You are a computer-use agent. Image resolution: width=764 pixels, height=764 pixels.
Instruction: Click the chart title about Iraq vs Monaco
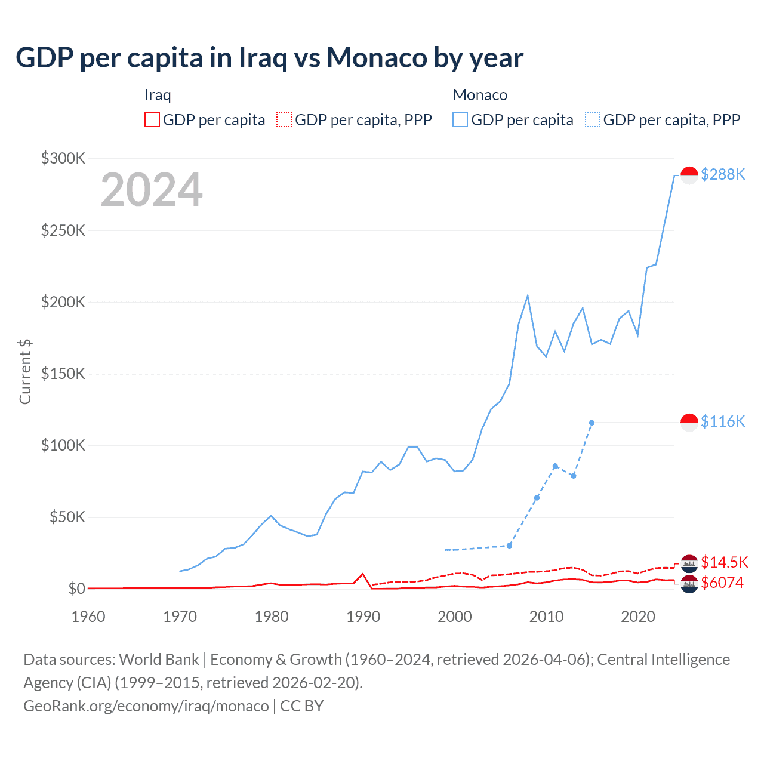click(270, 58)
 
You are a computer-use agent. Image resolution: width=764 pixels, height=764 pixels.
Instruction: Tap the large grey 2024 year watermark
click(152, 190)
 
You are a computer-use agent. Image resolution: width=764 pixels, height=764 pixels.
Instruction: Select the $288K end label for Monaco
click(723, 174)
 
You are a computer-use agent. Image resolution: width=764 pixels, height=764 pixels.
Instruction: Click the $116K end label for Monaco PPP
click(723, 421)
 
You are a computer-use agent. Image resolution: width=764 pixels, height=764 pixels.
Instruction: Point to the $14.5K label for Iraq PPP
click(724, 562)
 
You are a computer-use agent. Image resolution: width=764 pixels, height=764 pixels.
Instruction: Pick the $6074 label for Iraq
click(722, 583)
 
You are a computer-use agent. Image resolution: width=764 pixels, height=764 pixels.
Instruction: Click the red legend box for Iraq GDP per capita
click(152, 120)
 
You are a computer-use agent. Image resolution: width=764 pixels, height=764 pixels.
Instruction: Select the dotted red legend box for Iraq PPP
click(284, 120)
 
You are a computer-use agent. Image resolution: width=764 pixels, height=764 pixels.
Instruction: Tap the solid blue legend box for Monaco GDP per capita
click(460, 120)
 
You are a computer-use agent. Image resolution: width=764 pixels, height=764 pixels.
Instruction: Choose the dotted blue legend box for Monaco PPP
click(593, 120)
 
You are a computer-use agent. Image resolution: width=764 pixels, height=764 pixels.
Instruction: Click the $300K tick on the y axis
click(63, 158)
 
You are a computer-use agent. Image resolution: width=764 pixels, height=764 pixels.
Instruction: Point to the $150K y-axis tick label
click(63, 374)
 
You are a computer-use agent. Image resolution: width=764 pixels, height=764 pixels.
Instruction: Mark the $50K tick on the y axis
click(67, 517)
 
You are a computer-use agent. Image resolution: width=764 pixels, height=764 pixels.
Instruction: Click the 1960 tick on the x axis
click(88, 617)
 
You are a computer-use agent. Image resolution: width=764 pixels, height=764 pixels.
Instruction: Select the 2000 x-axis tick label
click(455, 617)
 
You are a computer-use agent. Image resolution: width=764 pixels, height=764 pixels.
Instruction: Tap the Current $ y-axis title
click(25, 371)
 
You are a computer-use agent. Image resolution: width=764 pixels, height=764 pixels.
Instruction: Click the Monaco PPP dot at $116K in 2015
click(592, 423)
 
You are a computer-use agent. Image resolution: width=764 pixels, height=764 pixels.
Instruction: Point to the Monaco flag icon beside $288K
click(689, 175)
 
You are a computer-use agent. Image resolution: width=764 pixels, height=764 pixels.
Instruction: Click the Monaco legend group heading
click(480, 95)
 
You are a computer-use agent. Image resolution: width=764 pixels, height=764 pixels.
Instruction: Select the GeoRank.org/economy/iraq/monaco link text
click(146, 706)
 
